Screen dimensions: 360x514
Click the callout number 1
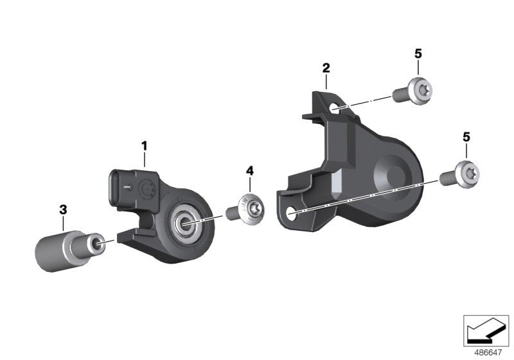[145, 146]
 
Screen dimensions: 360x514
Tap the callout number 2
[326, 67]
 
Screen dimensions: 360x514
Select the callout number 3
[63, 209]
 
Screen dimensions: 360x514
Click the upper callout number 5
[418, 53]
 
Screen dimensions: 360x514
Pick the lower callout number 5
[466, 137]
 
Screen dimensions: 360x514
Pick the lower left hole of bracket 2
[292, 213]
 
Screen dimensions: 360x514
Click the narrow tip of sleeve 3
[98, 242]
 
